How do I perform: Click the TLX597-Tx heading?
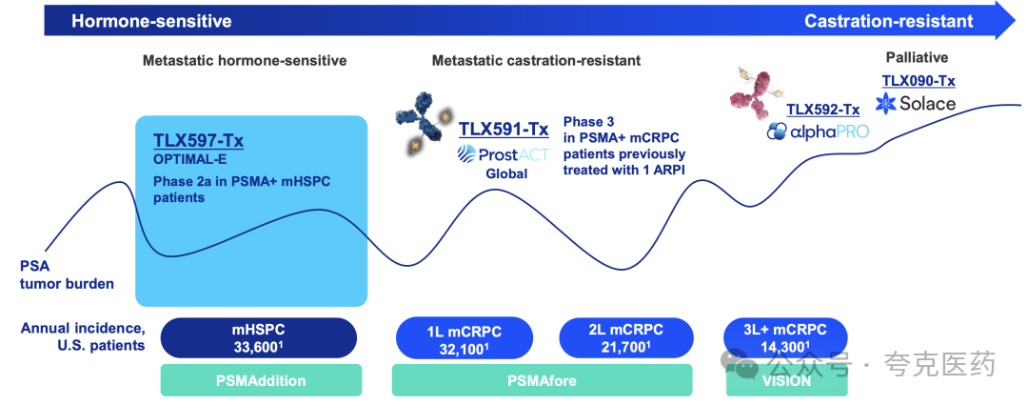195,142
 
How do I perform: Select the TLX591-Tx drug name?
504,128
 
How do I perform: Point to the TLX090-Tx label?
918,81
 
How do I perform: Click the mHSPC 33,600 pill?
259,338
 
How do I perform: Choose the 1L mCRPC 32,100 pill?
463,338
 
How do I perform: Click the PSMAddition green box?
261,380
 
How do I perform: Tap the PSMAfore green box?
543,380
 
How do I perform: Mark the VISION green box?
786,380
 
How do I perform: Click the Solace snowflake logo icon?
886,103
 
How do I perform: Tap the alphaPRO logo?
818,131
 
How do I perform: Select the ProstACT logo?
504,156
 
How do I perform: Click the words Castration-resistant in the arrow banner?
888,21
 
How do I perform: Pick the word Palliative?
918,58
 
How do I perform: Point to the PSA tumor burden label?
67,275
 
